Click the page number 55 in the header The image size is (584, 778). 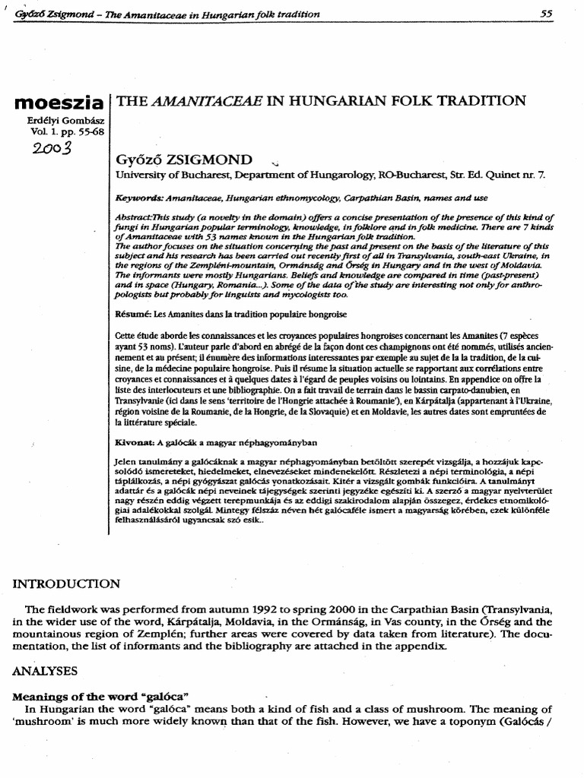546,14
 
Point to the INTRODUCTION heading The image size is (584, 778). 66,583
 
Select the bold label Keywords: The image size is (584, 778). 140,197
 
